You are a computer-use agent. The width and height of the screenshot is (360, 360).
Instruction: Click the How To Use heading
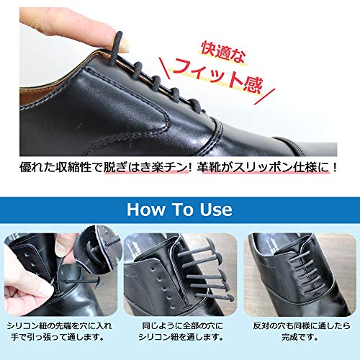[x=179, y=210]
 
